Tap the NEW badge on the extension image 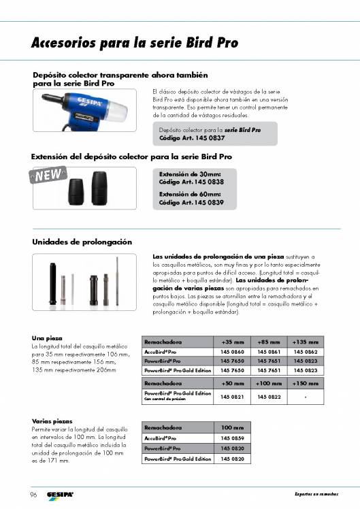click(50, 175)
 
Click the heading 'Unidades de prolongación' click(82, 242)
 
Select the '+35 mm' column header click(232, 342)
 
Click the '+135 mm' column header click(304, 342)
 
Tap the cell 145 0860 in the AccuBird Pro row click(232, 351)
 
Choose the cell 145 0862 click(304, 351)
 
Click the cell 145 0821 click(232, 396)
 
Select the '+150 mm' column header click(304, 384)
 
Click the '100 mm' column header click(232, 427)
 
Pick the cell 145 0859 click(232, 439)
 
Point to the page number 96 click(33, 493)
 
